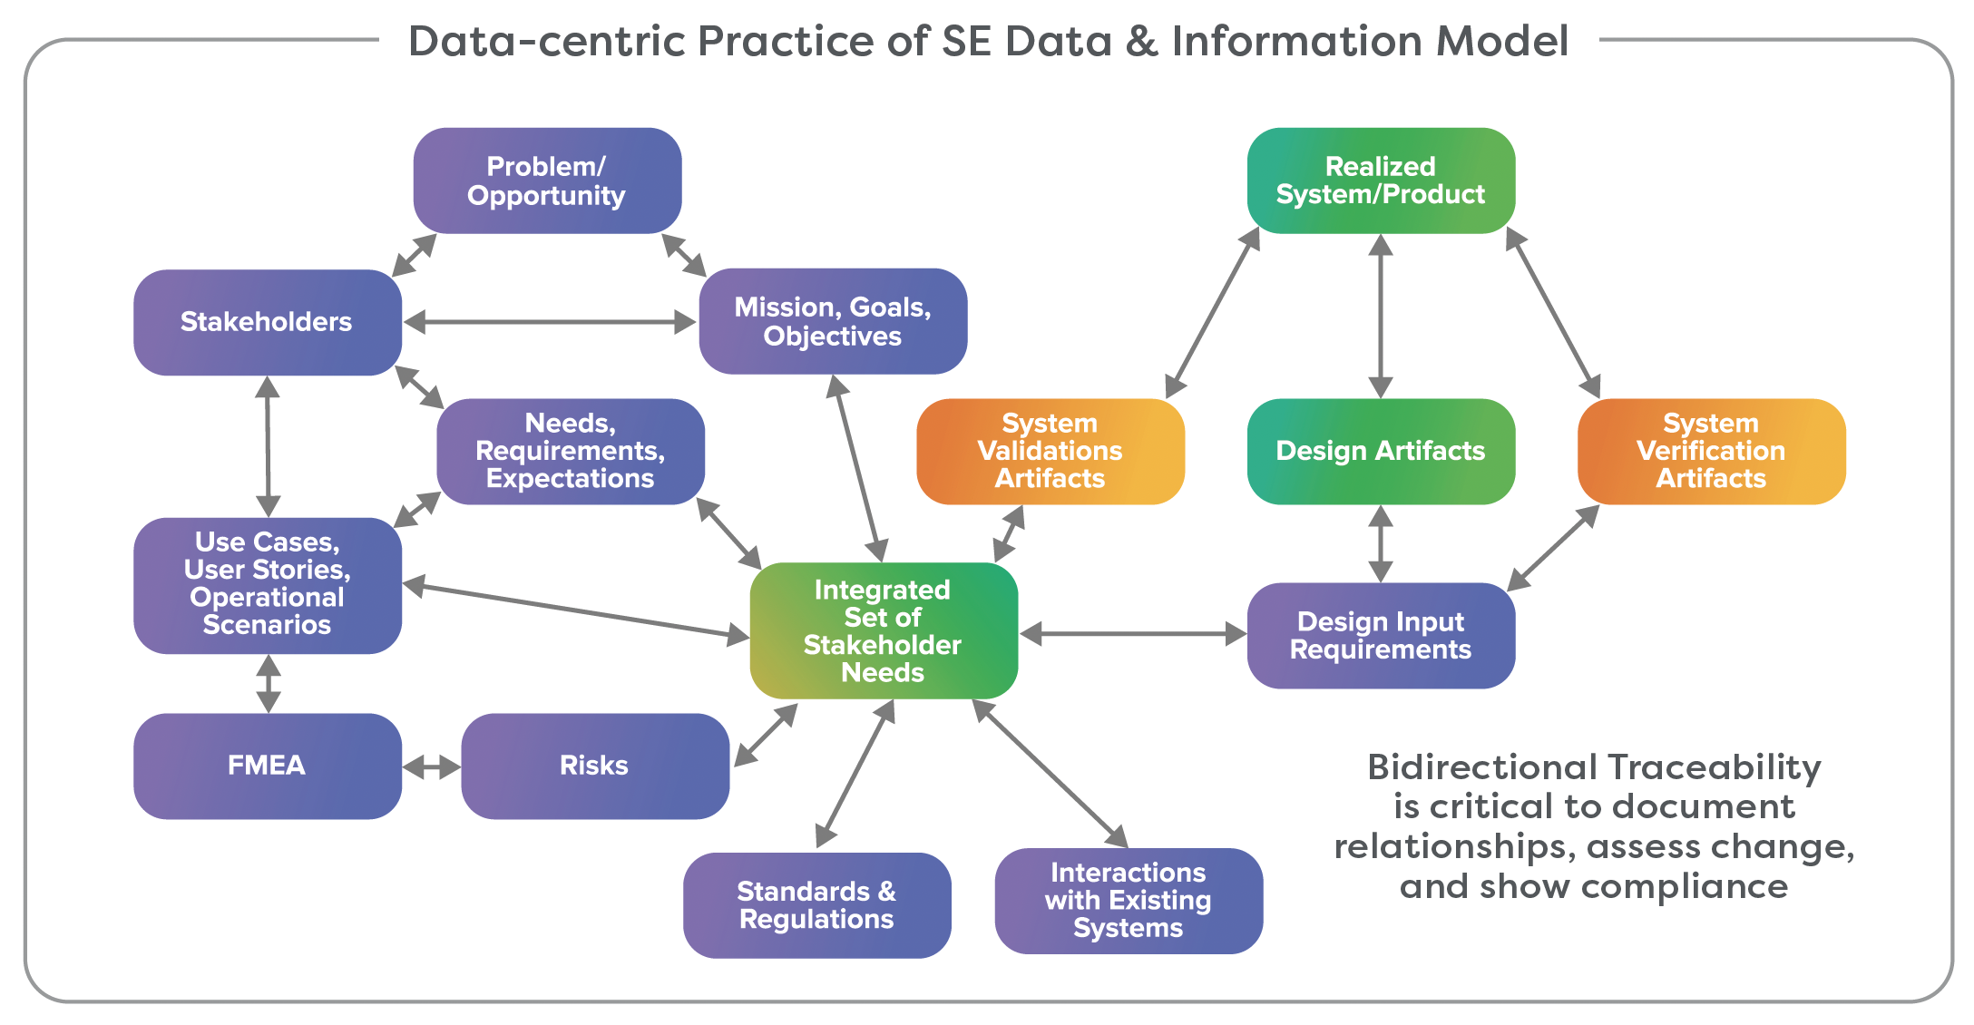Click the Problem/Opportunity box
click(x=547, y=181)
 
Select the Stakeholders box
click(x=267, y=322)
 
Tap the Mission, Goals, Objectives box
click(x=833, y=321)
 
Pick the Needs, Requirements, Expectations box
click(x=571, y=451)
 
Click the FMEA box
click(x=267, y=766)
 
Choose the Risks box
click(x=594, y=766)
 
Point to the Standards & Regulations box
click(x=816, y=905)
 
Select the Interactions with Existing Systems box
click(x=1129, y=901)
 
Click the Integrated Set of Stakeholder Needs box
click(x=884, y=630)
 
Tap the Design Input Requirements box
click(x=1381, y=635)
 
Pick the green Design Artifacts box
click(x=1381, y=451)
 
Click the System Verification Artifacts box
click(x=1711, y=451)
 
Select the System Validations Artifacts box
click(x=1051, y=451)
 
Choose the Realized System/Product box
click(x=1381, y=181)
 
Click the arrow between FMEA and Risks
click(x=432, y=767)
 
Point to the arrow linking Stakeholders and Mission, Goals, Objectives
click(x=550, y=322)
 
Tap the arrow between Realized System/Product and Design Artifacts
click(x=1381, y=316)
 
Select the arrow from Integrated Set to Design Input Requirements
click(x=1133, y=634)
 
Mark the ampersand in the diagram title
click(x=1142, y=42)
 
